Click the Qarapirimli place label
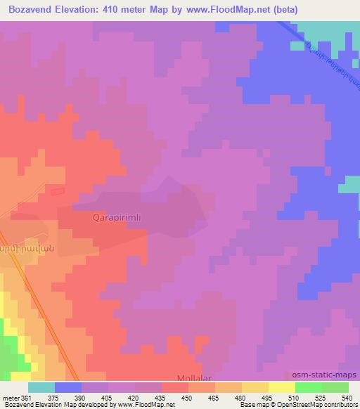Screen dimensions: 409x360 pos(117,218)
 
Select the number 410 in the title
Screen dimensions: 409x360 pos(124,10)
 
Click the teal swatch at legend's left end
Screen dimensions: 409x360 pos(41,387)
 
